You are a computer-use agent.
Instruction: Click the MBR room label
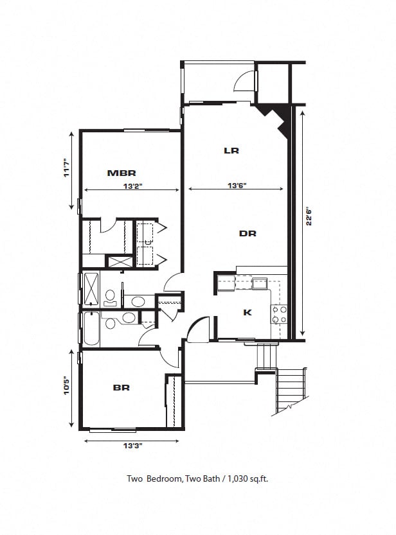click(x=122, y=173)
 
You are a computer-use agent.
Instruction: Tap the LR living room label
click(x=231, y=151)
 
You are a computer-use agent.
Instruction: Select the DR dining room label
click(x=248, y=234)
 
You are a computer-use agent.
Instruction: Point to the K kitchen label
click(x=248, y=313)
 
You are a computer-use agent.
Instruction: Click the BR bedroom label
click(x=122, y=387)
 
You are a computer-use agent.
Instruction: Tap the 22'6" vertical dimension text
click(x=309, y=216)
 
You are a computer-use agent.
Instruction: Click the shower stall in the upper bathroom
click(x=91, y=289)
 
